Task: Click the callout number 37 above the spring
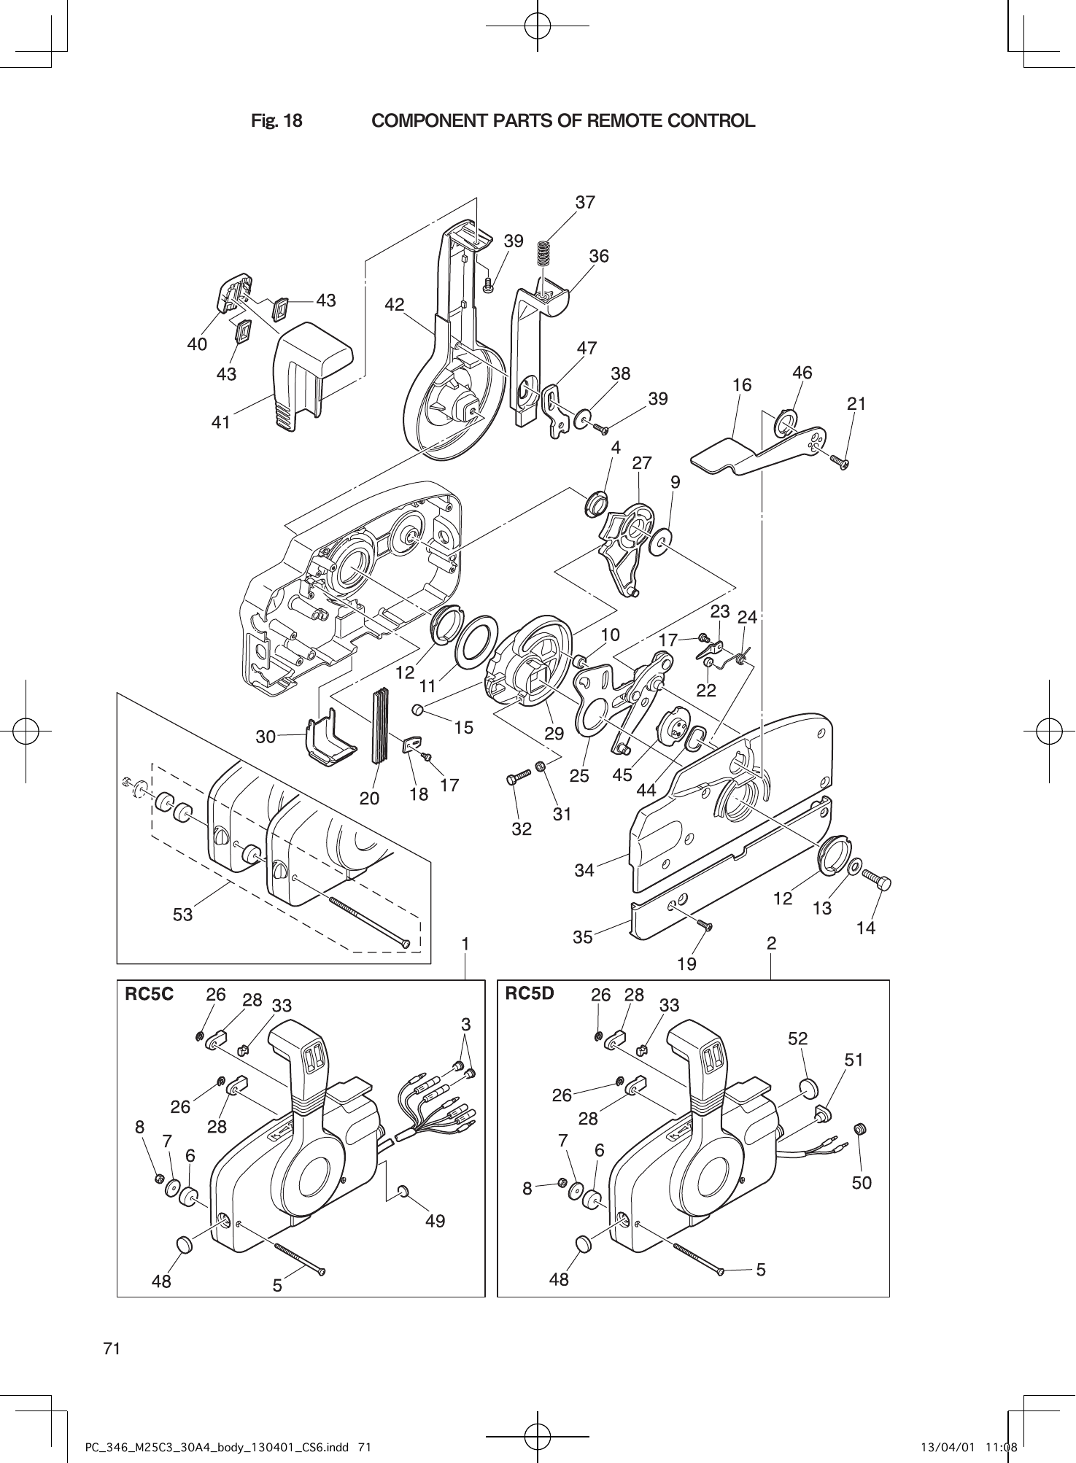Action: click(585, 202)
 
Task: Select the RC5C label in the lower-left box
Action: click(150, 994)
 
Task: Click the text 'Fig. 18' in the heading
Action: click(276, 121)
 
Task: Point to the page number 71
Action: click(111, 1348)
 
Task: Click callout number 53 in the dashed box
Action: click(182, 914)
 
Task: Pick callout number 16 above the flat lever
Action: click(742, 384)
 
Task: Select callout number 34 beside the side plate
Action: click(584, 870)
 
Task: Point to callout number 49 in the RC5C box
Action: click(435, 1220)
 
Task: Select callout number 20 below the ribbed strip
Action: click(369, 799)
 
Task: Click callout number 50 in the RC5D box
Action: click(862, 1182)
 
